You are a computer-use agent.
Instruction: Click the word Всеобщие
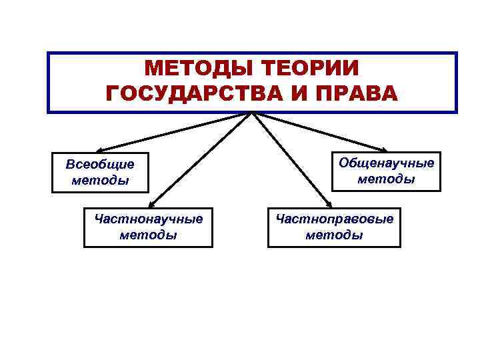coord(100,164)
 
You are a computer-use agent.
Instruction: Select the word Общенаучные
coord(387,163)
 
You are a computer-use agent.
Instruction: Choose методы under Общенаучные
coord(387,179)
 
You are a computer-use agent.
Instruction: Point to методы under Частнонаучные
coord(149,235)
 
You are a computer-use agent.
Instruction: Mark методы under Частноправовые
coord(335,235)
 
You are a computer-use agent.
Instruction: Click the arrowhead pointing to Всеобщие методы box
coord(98,151)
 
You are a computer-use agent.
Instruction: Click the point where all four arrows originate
coord(251,113)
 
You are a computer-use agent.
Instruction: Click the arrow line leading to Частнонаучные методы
coord(200,160)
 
